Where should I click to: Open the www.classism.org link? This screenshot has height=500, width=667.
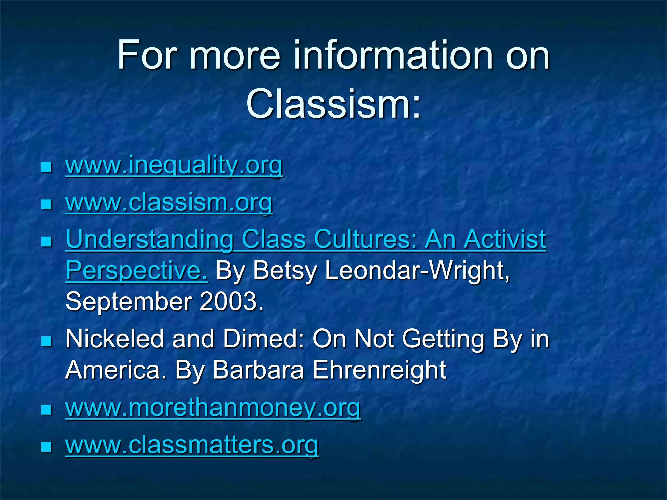169,202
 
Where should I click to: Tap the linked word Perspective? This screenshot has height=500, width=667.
136,271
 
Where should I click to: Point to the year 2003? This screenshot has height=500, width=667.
231,301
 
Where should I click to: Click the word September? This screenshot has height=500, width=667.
129,301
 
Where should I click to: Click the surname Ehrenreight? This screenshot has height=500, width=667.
379,370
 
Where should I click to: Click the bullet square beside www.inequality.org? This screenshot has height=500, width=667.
47,168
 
